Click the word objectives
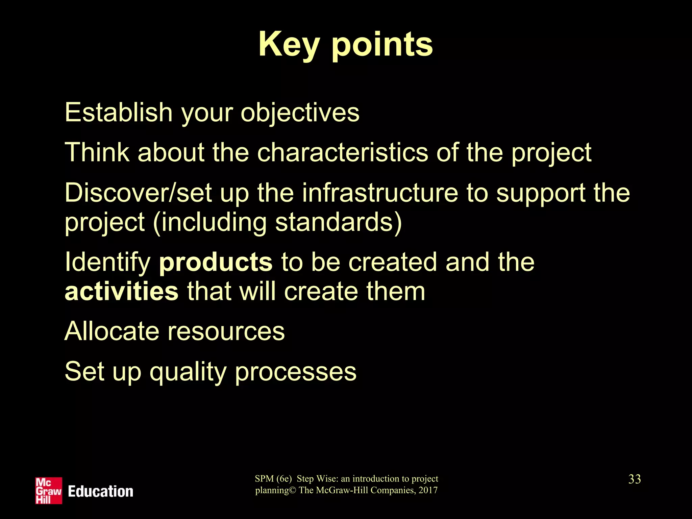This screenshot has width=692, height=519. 300,113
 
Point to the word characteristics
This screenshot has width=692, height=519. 343,152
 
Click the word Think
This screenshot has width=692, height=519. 97,152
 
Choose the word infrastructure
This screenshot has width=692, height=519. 380,193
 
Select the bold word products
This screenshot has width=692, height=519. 216,262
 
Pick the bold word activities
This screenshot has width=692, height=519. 121,291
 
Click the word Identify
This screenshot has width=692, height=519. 107,262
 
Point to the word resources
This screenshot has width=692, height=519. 226,332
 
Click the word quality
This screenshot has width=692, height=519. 188,372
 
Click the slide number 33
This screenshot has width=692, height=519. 635,479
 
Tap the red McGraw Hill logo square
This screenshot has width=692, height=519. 49,491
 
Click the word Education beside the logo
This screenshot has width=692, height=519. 100,492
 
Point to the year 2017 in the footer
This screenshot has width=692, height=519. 428,490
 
